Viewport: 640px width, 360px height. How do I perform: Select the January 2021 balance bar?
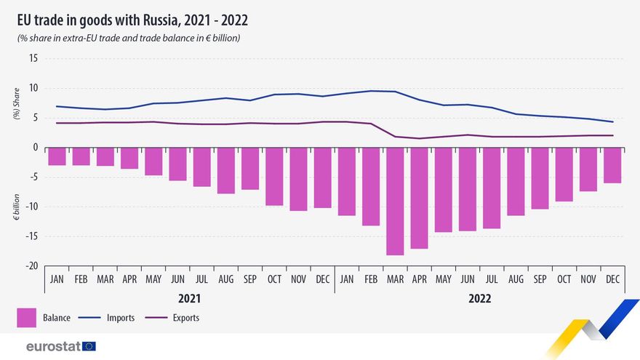tap(57, 156)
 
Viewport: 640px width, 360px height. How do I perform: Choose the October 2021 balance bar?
tap(274, 177)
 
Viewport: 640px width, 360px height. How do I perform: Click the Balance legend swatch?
tap(26, 318)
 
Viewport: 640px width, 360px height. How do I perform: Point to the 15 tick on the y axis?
tap(33, 59)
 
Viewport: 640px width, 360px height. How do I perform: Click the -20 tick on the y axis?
tap(31, 266)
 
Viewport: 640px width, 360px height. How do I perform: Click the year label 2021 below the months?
tap(189, 298)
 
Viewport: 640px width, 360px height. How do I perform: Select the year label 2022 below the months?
tap(479, 298)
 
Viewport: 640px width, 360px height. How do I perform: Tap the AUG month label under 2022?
tap(516, 279)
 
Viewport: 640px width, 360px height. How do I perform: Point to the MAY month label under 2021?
tap(153, 279)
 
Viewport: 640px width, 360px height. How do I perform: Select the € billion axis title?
tap(17, 207)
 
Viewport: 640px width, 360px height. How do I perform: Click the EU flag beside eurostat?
tap(89, 346)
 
